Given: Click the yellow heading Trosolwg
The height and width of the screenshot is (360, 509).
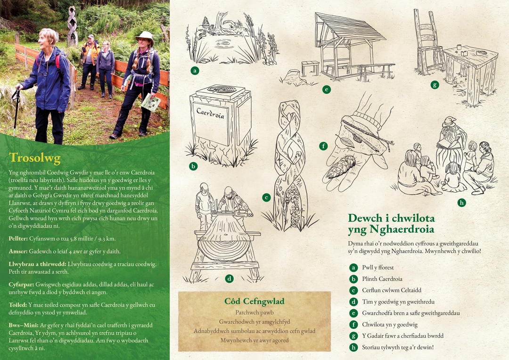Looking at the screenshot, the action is click(x=35, y=158).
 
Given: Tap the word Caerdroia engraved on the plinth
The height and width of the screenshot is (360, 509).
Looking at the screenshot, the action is click(x=210, y=114).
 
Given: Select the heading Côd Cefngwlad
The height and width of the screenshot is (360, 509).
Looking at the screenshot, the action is click(x=254, y=301).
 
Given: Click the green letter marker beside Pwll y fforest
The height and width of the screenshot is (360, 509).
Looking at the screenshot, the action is click(x=353, y=268).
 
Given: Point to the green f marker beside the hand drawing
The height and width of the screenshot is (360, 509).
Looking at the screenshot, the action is click(x=323, y=146).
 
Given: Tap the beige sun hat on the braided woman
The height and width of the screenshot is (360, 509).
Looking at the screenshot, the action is click(x=145, y=37).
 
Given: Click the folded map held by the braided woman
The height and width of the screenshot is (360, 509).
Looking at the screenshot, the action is click(x=151, y=102).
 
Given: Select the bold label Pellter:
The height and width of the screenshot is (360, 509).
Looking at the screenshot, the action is click(x=18, y=238).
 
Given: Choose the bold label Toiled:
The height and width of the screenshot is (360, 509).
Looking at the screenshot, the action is click(x=18, y=305).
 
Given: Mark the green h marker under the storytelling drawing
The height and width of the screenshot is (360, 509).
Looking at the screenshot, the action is click(x=461, y=203).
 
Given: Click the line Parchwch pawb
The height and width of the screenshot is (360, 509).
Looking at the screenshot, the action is click(x=254, y=312).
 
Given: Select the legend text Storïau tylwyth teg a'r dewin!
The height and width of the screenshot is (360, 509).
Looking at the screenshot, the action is click(x=398, y=347).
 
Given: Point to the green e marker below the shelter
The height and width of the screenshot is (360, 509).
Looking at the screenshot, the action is click(x=327, y=89).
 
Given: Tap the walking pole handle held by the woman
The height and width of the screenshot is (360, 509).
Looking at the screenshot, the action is click(x=15, y=94).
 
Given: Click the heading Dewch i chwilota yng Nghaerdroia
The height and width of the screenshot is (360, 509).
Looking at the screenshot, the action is click(x=391, y=223).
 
